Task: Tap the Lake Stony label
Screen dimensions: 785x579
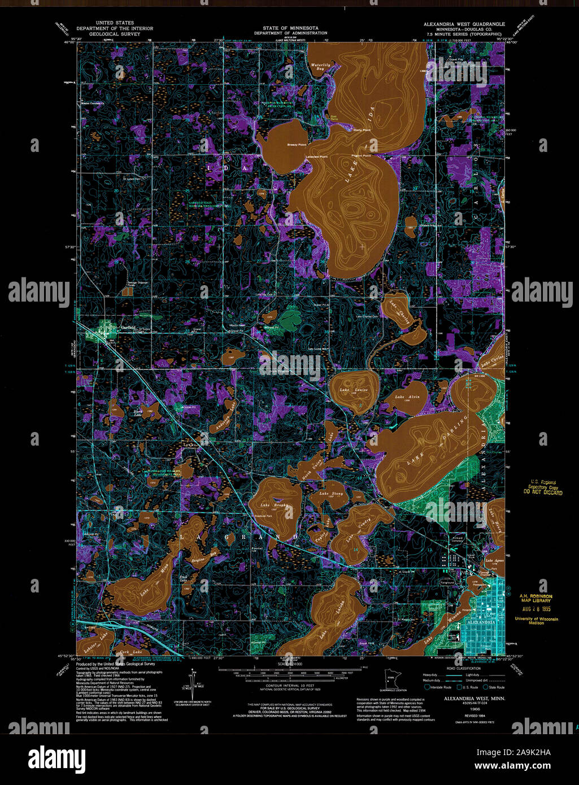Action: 331,494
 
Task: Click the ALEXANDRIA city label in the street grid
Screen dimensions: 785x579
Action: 480,622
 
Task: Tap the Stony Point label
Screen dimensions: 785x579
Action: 362,130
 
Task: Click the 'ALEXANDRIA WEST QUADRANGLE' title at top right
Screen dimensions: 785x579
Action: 465,24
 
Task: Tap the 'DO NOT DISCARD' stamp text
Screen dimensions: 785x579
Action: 542,492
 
